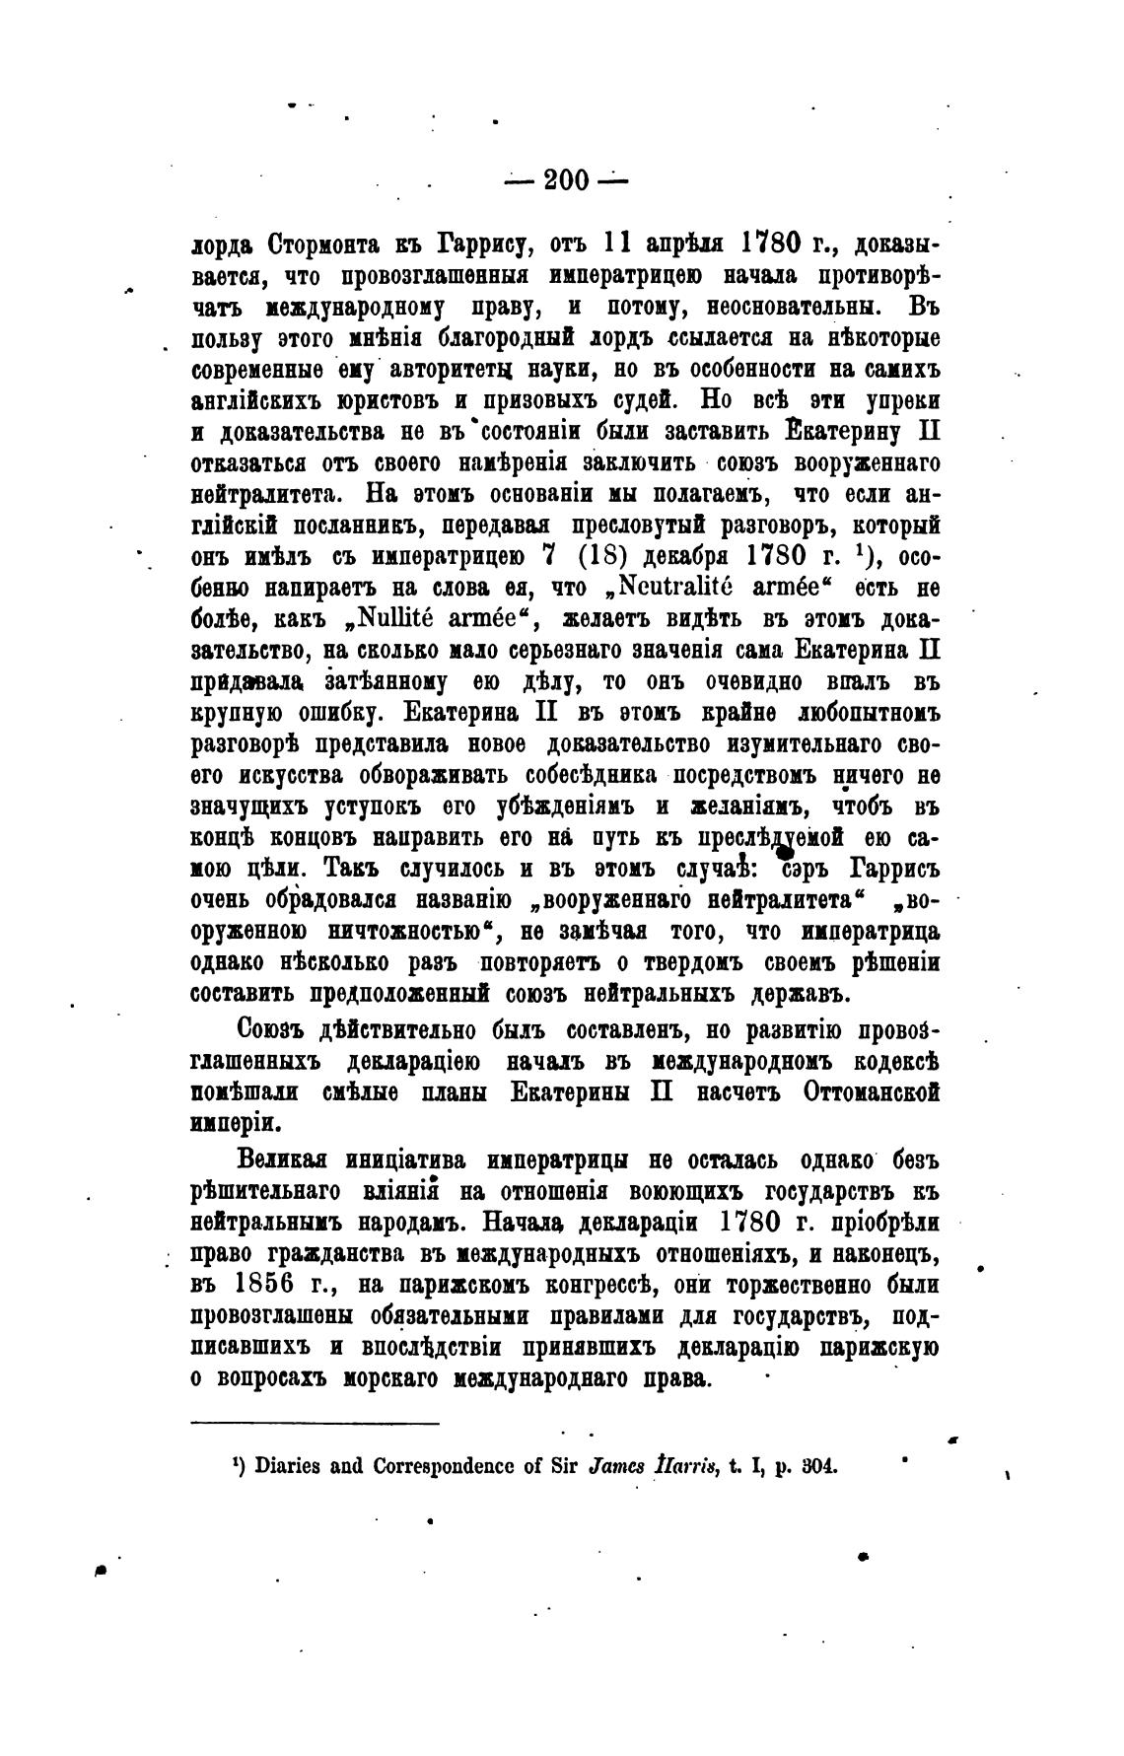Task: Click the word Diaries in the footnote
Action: click(x=287, y=1464)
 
